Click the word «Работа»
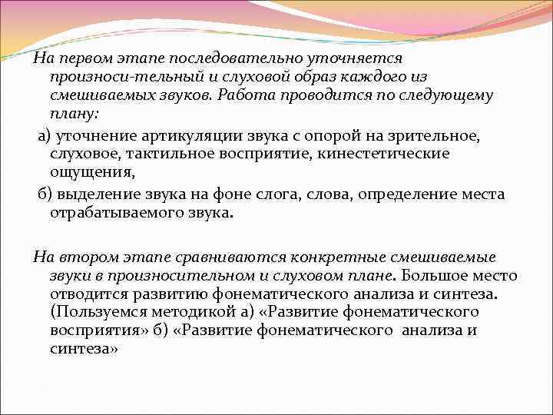tap(247, 96)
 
